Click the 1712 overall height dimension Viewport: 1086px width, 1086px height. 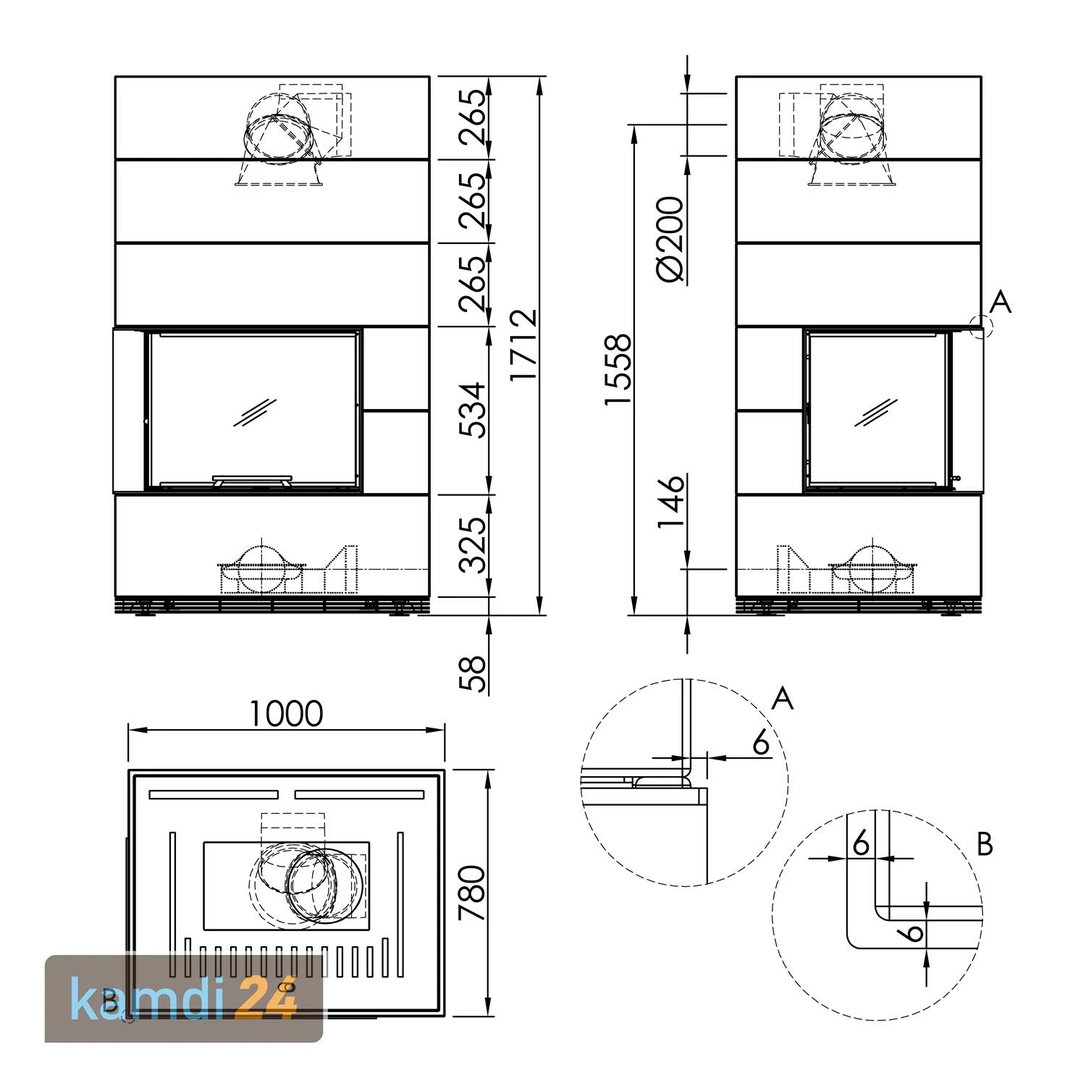[x=523, y=345]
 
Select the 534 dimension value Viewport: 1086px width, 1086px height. [x=474, y=410]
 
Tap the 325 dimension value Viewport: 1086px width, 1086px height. [x=474, y=544]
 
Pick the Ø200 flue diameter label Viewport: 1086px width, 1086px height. [x=670, y=239]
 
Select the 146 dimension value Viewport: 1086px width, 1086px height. [x=670, y=502]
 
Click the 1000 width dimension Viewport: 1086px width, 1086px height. [x=286, y=714]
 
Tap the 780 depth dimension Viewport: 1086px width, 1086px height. [x=473, y=892]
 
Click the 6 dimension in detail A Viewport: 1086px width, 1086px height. [x=760, y=743]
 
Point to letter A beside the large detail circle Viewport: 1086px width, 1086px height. [x=783, y=699]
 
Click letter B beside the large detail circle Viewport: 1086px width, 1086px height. [x=985, y=844]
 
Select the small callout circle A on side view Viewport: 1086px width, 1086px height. [x=982, y=327]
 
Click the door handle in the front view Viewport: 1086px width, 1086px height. [x=252, y=480]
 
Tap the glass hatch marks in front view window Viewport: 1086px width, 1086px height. [x=255, y=411]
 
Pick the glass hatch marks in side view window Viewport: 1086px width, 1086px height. [x=876, y=412]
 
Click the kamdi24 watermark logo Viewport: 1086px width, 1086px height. [x=184, y=998]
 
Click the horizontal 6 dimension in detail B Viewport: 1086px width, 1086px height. [x=861, y=843]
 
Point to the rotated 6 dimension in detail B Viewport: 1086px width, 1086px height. [x=914, y=930]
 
